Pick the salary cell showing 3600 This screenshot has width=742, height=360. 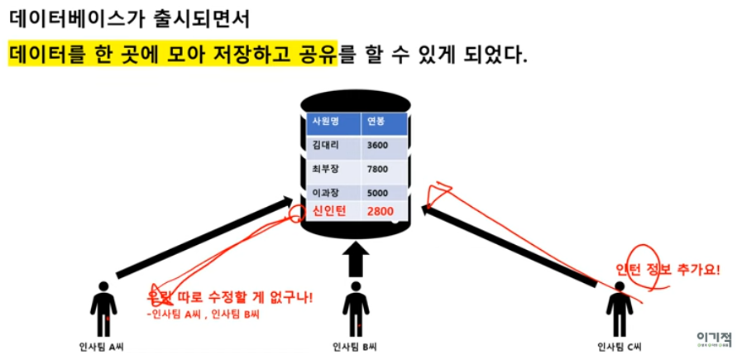(378, 146)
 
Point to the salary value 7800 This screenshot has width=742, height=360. (378, 170)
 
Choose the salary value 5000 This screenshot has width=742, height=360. (378, 194)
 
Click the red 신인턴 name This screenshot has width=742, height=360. (328, 211)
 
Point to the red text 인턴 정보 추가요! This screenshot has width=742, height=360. (669, 269)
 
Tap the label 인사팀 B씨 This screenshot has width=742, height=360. (356, 348)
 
